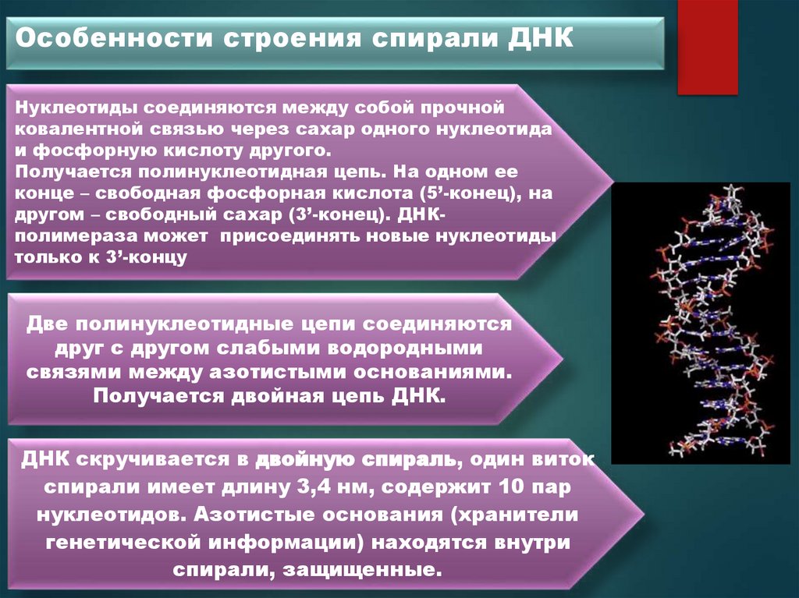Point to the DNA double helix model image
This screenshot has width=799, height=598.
700,323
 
